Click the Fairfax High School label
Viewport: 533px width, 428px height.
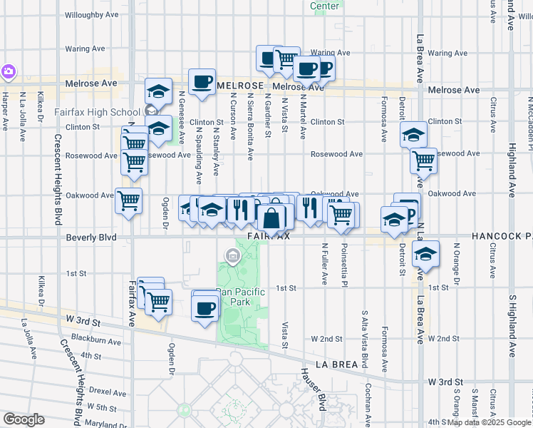click(x=98, y=112)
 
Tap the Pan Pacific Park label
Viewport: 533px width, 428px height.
click(x=240, y=296)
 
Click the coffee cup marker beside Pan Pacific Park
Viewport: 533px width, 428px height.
click(x=205, y=308)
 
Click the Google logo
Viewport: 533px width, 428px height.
click(x=24, y=419)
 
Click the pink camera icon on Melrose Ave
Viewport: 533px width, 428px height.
click(x=8, y=71)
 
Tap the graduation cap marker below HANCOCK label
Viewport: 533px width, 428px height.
click(x=425, y=255)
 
